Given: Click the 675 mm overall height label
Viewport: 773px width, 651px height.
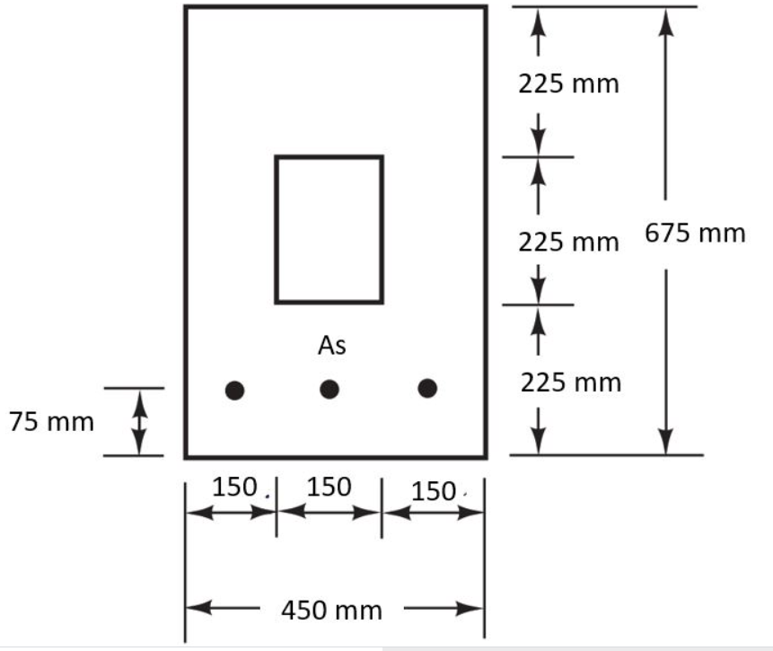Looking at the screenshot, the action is pos(695,233).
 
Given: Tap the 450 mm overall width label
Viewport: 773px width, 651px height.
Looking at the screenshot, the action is pos(332,611).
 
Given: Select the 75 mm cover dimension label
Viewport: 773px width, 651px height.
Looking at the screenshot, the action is pos(51,422).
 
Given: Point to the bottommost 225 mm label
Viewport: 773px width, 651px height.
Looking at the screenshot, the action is pos(571,383).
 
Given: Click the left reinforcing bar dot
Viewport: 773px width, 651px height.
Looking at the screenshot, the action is pos(234,390).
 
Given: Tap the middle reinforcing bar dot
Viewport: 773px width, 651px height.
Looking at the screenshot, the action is pos(329,389).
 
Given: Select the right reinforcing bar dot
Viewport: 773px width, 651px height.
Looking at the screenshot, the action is pos(427,388).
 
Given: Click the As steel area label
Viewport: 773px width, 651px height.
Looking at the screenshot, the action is pos(331,346).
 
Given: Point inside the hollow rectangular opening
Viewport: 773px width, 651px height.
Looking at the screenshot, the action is pos(329,229).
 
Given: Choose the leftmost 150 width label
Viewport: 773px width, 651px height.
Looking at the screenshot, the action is pos(235,487).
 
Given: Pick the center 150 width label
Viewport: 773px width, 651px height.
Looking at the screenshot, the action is pos(329,487).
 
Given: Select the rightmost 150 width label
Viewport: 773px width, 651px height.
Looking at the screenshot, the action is pos(435,491).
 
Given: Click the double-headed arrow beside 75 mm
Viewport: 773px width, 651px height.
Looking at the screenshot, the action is pos(139,422).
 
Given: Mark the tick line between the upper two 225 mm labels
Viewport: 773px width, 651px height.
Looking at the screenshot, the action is pos(537,157).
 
